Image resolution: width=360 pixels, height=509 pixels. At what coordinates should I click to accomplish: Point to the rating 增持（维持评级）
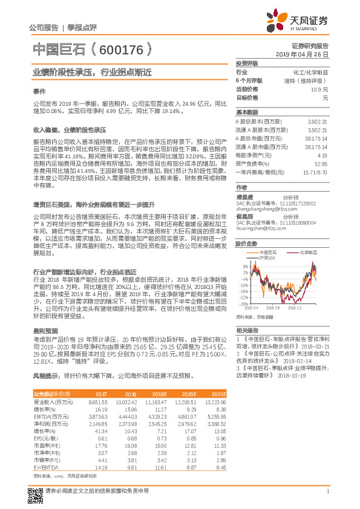coord(306,80)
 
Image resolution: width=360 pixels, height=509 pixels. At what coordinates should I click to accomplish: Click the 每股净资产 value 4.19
coord(322,155)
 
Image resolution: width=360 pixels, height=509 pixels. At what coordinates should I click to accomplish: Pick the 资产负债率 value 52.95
coord(321,164)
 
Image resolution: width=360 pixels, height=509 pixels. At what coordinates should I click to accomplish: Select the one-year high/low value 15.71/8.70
coord(315,172)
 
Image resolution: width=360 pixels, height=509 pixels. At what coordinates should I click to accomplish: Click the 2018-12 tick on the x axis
coord(296,308)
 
